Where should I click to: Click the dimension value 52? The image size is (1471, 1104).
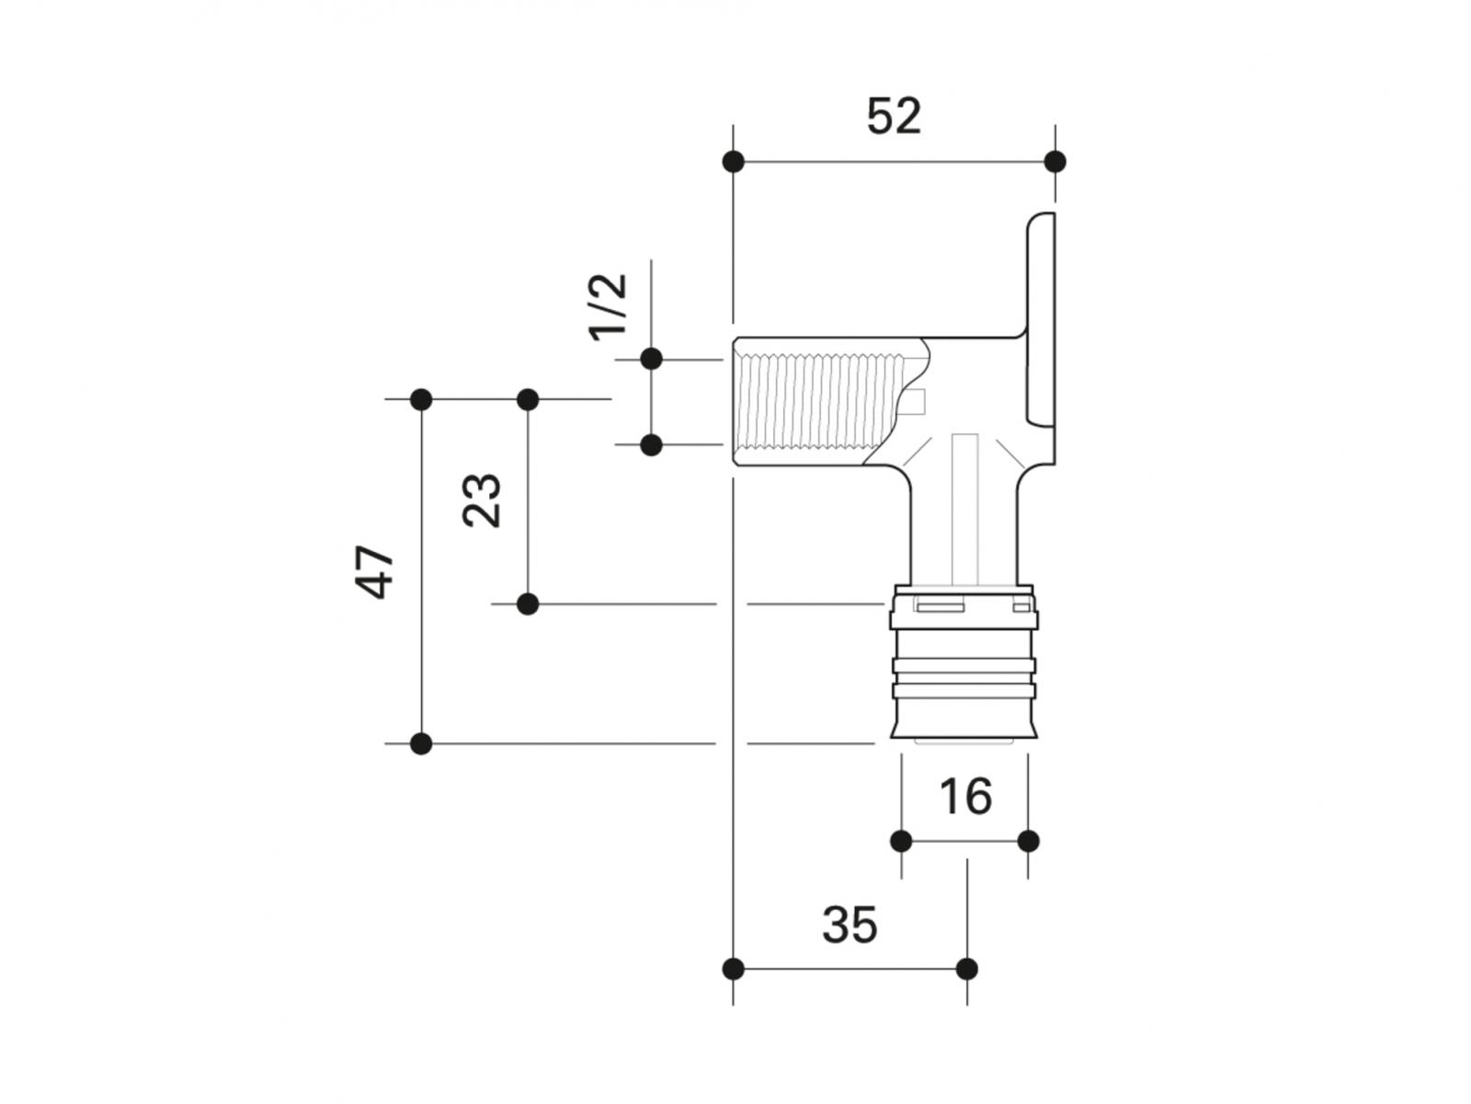tap(894, 117)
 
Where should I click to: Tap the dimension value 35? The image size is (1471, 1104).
tap(850, 925)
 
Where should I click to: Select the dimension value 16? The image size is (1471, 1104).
tap(965, 796)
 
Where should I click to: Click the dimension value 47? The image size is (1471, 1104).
tap(376, 572)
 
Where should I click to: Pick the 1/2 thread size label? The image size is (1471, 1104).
tap(609, 307)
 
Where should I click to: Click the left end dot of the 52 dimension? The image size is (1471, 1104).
tap(733, 162)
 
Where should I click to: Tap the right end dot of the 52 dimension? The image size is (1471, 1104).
tap(1055, 162)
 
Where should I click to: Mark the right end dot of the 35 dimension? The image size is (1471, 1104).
tap(966, 969)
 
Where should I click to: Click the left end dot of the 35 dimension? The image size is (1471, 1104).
tap(733, 969)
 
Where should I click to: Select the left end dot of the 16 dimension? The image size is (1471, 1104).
tap(901, 841)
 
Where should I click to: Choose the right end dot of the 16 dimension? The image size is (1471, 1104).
tap(1029, 841)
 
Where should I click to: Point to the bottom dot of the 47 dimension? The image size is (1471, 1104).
tap(421, 743)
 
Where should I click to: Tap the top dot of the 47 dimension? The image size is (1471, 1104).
tap(421, 399)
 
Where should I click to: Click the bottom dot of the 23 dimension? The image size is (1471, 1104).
tap(528, 604)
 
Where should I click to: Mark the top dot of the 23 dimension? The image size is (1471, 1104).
tap(528, 399)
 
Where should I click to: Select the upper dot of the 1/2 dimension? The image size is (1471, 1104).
tap(651, 359)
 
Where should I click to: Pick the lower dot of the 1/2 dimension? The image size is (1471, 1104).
tap(651, 445)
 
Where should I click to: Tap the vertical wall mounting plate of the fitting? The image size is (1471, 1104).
tap(1042, 322)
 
